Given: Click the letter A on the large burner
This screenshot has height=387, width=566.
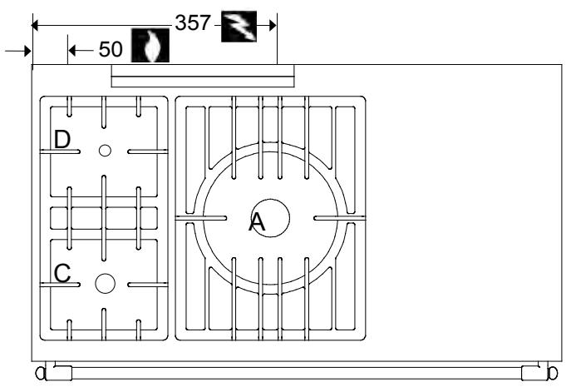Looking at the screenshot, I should [x=258, y=222].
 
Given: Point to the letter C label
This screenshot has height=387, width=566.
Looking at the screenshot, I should [x=62, y=273].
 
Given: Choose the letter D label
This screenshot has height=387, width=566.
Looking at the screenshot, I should [x=62, y=140].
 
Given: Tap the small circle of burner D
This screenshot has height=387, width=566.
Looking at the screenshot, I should [x=104, y=151].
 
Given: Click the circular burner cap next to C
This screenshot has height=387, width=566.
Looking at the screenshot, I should [x=104, y=283].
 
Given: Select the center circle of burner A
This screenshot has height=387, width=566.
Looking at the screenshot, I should [x=271, y=219].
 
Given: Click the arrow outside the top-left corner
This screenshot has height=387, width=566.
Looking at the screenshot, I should [x=17, y=52].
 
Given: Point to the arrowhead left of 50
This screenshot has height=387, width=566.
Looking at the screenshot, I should [x=73, y=51].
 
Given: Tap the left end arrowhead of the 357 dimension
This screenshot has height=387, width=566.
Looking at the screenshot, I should [x=37, y=24].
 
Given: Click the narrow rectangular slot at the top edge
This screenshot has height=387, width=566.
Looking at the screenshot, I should [x=203, y=78].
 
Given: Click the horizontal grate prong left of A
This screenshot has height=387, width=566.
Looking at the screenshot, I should [x=201, y=219].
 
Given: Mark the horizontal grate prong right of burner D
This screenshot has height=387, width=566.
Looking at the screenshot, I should [x=148, y=151].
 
